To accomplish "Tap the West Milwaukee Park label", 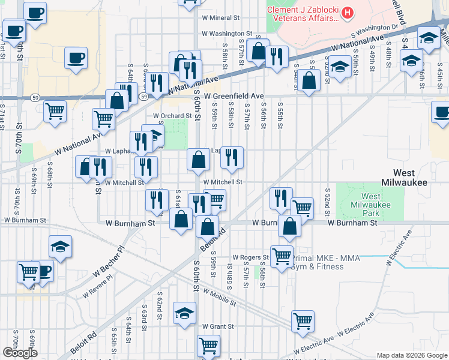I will click(370, 205).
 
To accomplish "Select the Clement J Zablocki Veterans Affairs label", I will click(303, 13).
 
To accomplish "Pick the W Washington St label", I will click(227, 34).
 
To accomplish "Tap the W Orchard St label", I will click(172, 115).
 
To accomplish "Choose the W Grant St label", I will click(217, 326).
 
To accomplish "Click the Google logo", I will click(20, 353).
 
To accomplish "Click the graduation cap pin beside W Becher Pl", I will click(60, 246).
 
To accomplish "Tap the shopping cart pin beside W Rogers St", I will click(282, 256).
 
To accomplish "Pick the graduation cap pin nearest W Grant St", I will click(185, 313).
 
